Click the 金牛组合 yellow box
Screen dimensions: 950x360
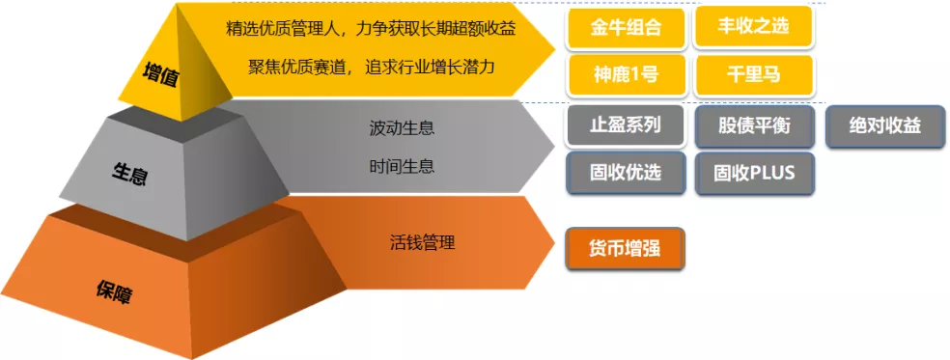click(626, 28)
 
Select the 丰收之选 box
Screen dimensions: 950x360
click(754, 28)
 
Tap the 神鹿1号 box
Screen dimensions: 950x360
click(626, 75)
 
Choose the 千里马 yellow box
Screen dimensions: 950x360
click(754, 75)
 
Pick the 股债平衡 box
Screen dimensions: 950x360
click(754, 126)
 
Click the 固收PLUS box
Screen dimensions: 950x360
click(754, 174)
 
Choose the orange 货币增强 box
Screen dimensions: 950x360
click(626, 248)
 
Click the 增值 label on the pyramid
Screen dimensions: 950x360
click(160, 75)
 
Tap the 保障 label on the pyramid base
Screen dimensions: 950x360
click(114, 292)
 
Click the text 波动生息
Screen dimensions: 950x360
click(402, 127)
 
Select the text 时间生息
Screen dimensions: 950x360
click(402, 166)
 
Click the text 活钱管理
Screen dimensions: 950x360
click(422, 243)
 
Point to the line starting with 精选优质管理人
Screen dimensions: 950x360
click(370, 29)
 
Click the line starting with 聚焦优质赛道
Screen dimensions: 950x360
click(372, 67)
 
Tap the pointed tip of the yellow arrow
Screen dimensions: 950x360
click(554, 48)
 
